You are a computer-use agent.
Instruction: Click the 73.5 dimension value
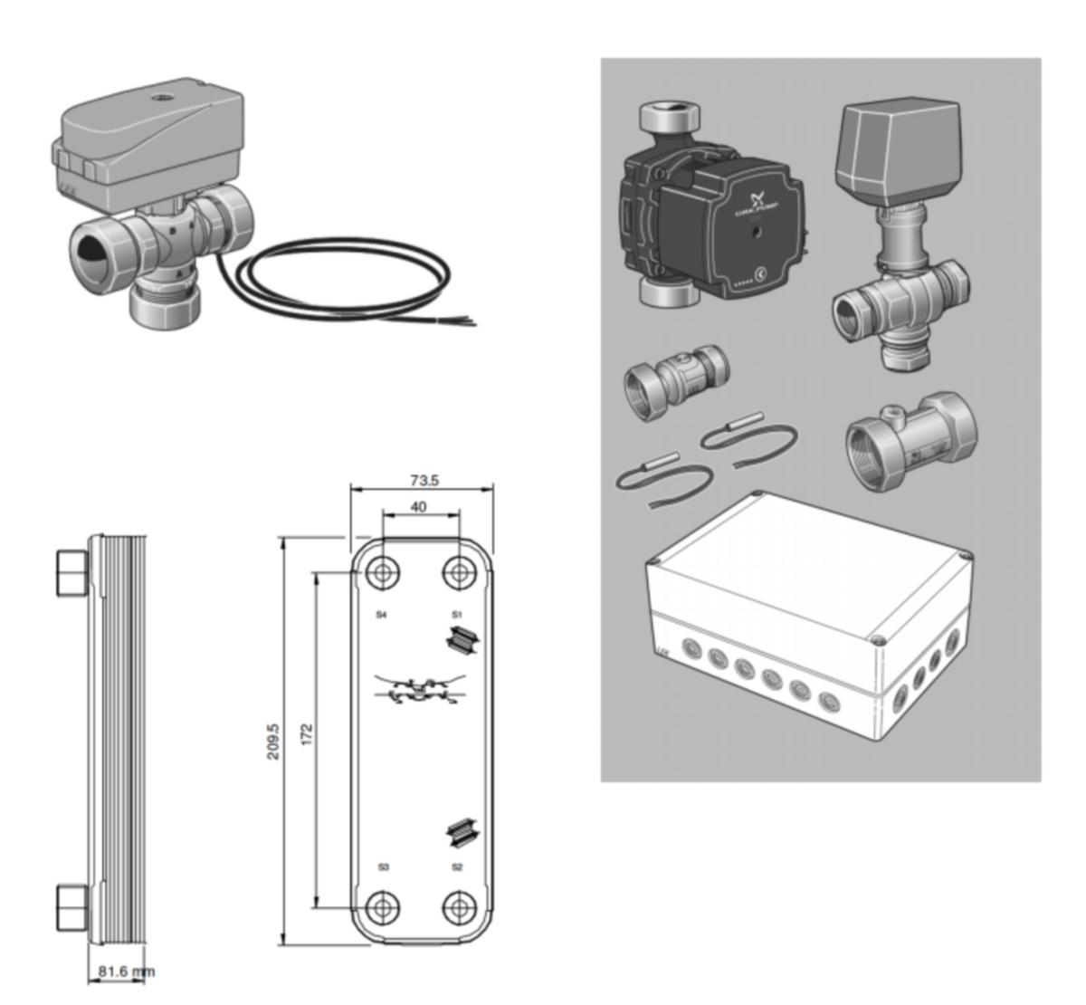(423, 481)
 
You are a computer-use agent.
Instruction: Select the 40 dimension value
(418, 507)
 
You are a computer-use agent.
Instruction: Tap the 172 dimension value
(306, 733)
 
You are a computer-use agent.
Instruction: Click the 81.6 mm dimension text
(125, 971)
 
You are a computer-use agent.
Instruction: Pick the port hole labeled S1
(460, 573)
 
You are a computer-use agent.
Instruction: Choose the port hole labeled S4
(383, 573)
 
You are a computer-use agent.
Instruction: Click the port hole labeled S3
(383, 906)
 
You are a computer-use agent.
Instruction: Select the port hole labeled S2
(460, 906)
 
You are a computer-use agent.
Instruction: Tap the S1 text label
(457, 615)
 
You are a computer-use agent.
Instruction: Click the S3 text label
(384, 867)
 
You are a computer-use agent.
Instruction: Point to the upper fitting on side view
(71, 572)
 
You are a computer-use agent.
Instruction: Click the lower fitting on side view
(71, 907)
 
